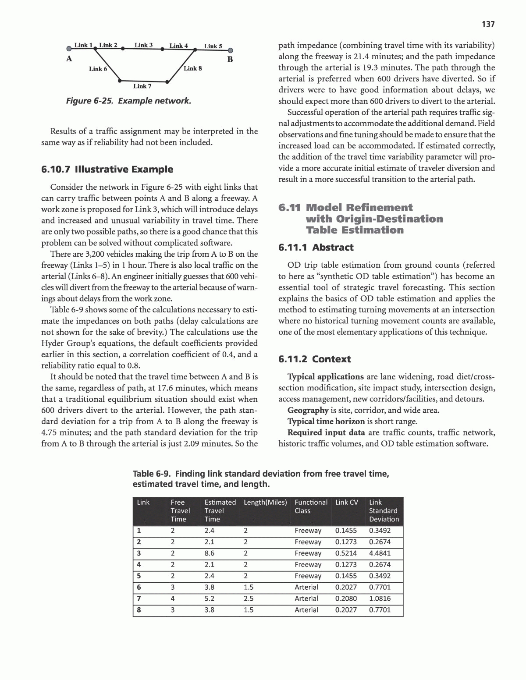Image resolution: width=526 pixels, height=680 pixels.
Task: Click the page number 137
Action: coord(488,24)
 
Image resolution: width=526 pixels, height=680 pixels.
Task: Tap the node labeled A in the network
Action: coord(69,49)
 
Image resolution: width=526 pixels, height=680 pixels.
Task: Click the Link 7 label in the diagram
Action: coord(142,86)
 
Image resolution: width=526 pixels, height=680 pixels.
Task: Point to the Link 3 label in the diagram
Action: coord(143,45)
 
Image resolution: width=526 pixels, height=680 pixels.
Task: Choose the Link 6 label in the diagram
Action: coord(98,69)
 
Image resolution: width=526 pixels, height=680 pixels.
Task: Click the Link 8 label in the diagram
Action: coord(193,68)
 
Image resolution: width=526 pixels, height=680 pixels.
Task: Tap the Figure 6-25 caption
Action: coord(128,101)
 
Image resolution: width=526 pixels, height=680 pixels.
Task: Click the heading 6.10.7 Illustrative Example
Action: coord(107,170)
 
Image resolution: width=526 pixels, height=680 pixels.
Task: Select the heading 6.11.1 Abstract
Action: coord(316,248)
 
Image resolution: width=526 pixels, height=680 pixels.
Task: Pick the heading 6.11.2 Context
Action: coord(314,359)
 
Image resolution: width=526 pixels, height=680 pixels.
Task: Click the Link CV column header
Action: coord(346,503)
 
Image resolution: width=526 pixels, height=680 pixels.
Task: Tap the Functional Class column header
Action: coord(311,506)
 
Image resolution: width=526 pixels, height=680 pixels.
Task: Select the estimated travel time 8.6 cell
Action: coord(210,553)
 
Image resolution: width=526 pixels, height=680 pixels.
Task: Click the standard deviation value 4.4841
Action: coord(380,553)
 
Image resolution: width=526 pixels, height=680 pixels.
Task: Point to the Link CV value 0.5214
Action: coord(346,553)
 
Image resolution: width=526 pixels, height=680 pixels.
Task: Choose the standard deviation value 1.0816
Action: coord(380,599)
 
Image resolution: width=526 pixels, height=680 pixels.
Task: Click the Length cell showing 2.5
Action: coord(249,599)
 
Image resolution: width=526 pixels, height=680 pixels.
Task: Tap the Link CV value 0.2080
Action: coord(346,599)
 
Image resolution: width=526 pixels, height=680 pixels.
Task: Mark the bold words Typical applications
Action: coord(325,377)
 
